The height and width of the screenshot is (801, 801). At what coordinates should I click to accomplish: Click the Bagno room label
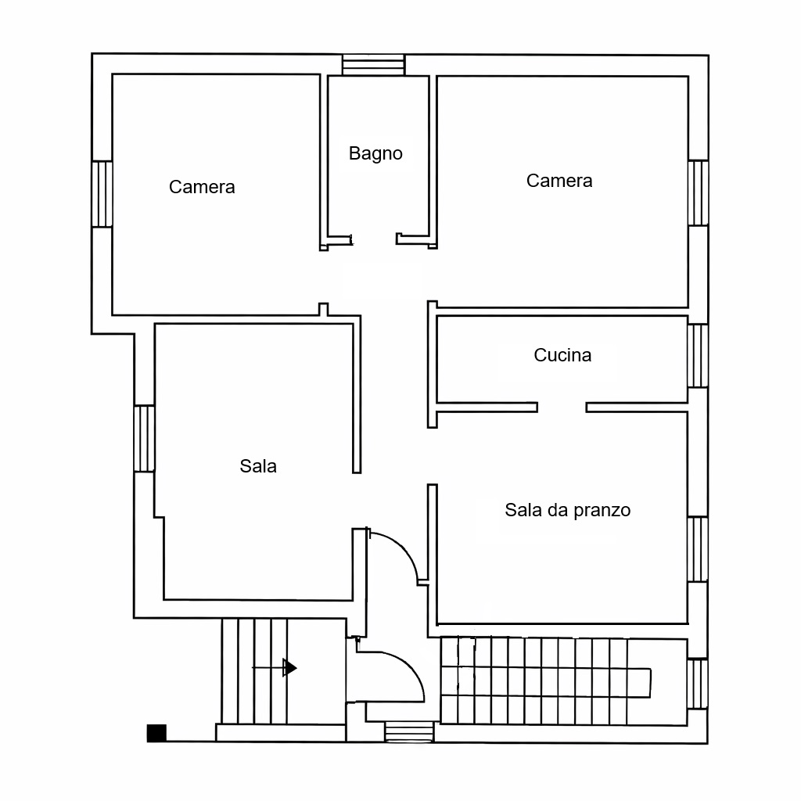pyautogui.click(x=375, y=153)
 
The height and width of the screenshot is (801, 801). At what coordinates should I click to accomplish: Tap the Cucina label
pyautogui.click(x=562, y=355)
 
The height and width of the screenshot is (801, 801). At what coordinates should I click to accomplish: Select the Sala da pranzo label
pyautogui.click(x=567, y=511)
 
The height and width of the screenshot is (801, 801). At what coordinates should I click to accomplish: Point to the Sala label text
pyautogui.click(x=258, y=466)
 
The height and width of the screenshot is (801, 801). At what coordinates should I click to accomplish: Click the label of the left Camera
pyautogui.click(x=202, y=187)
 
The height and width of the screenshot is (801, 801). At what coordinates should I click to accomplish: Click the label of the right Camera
pyautogui.click(x=559, y=181)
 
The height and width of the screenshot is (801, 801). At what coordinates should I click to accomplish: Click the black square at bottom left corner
pyautogui.click(x=156, y=733)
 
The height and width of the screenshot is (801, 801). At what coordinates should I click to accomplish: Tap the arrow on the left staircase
pyautogui.click(x=289, y=667)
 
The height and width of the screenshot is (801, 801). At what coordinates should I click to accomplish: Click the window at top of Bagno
pyautogui.click(x=373, y=65)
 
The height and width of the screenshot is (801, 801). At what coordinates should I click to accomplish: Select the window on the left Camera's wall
pyautogui.click(x=102, y=194)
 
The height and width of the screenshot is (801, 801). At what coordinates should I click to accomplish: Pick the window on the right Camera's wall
pyautogui.click(x=698, y=192)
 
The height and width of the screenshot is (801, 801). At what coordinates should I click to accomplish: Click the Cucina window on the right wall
pyautogui.click(x=697, y=356)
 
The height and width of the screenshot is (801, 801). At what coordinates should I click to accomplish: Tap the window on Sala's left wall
pyautogui.click(x=144, y=438)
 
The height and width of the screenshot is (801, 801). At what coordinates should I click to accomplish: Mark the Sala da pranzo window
pyautogui.click(x=697, y=548)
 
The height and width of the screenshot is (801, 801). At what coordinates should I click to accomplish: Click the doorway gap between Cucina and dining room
pyautogui.click(x=562, y=407)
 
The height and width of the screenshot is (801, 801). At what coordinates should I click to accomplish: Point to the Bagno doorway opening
pyautogui.click(x=375, y=239)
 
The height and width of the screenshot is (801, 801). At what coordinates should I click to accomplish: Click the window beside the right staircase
pyautogui.click(x=697, y=684)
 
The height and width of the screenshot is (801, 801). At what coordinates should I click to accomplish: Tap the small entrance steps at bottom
pyautogui.click(x=409, y=731)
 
